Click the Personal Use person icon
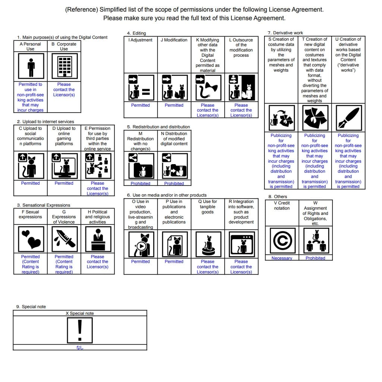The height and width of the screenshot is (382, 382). (31, 66)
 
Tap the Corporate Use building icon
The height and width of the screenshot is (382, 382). (64, 66)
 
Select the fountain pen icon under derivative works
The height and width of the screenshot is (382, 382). (348, 117)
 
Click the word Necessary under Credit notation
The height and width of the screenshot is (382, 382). (282, 258)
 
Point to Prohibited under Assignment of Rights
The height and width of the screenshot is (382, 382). (315, 258)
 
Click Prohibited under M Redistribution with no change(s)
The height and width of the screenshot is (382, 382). (140, 184)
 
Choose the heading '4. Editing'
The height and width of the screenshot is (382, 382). (137, 33)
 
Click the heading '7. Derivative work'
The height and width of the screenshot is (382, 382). (285, 33)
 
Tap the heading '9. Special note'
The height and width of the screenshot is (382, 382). (31, 307)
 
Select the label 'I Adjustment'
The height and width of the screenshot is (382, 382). (140, 40)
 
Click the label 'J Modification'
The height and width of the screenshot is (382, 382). (174, 40)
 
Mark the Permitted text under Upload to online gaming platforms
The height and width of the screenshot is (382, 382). (64, 183)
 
